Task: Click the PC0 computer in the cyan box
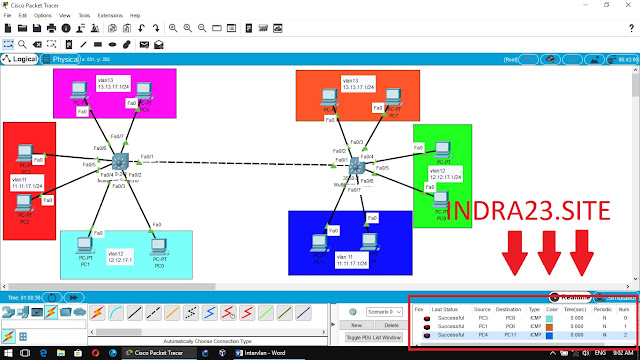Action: coord(156,245)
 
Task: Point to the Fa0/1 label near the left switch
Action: coord(147,156)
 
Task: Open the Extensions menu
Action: coord(109,16)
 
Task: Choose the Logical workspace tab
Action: coord(26,59)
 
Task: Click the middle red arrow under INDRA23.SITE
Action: coord(549,256)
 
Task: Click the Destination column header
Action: coord(508,310)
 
